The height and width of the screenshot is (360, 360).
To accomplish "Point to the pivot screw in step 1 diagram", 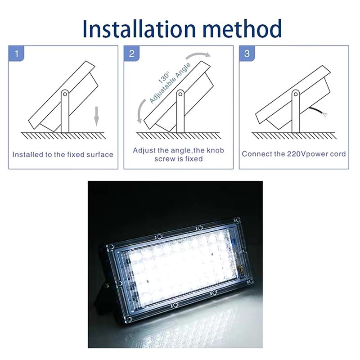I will (65, 94).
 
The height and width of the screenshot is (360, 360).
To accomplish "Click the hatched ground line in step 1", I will (63, 135).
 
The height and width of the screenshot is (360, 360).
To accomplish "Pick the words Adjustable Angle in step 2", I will (170, 83).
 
